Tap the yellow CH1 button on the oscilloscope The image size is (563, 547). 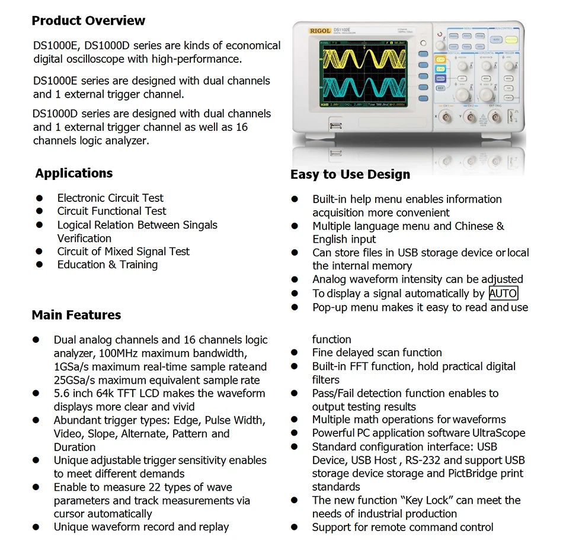coord(440,59)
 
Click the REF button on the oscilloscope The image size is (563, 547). coord(440,88)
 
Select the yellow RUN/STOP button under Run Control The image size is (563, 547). coord(511,40)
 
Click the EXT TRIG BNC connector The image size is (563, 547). coord(495,118)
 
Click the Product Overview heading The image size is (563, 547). coord(88,21)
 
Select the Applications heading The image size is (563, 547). coord(73,173)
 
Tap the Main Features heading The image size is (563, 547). coord(76,315)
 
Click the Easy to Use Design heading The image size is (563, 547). coord(350,175)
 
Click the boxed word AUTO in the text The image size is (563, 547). coord(503,293)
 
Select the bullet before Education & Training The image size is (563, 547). coord(39,265)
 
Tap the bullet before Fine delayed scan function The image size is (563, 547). coord(295,353)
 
